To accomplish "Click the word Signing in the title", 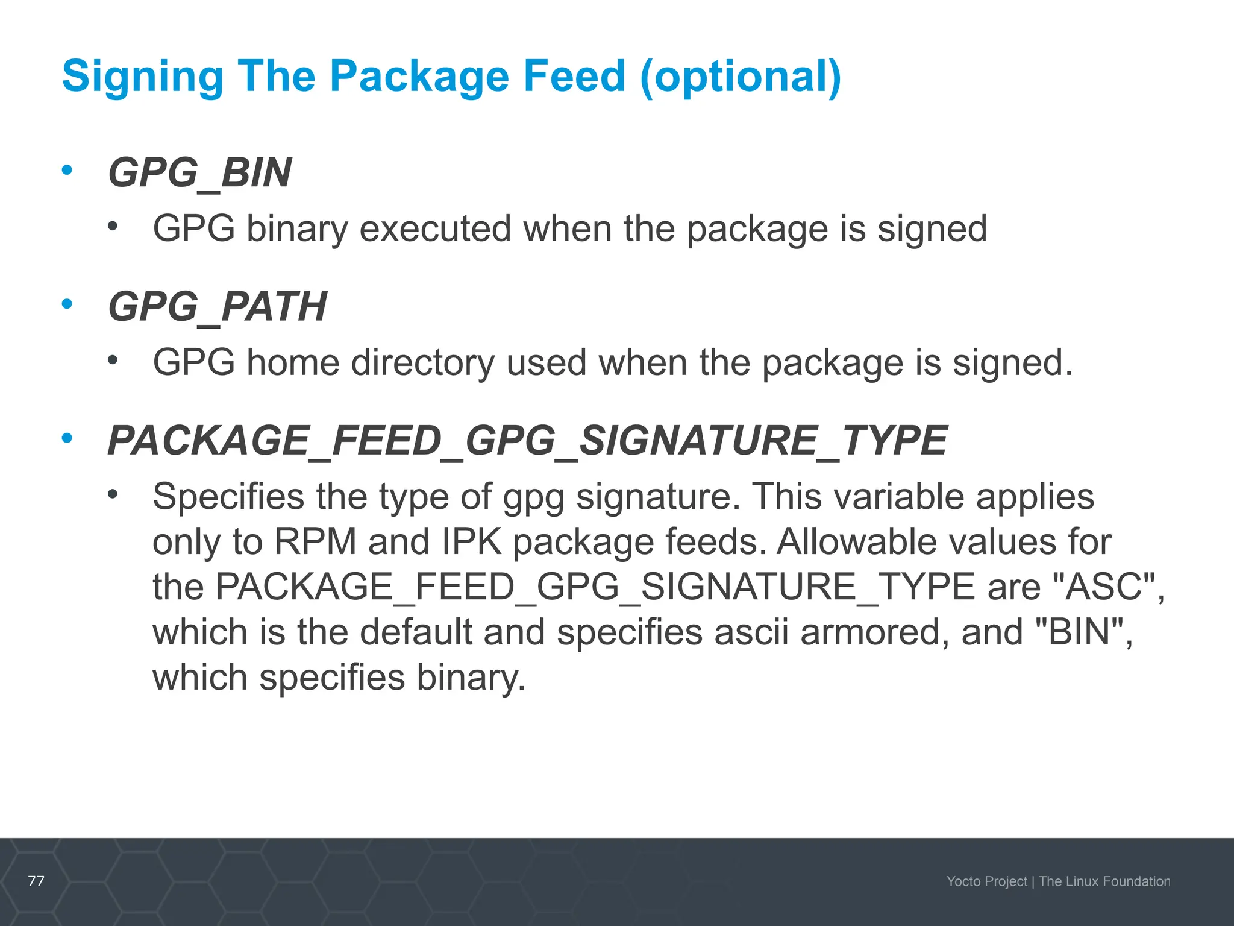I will pos(142,77).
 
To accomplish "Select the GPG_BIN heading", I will pos(199,173).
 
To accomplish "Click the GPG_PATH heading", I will pos(217,307).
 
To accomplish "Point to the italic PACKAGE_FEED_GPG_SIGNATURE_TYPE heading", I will pos(527,441).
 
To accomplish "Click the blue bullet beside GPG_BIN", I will pos(67,170).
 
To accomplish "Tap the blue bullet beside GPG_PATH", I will pos(67,304).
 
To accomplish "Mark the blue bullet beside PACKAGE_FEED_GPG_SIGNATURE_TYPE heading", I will pos(67,438).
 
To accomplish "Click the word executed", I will pos(435,229).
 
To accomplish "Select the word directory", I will pos(422,363).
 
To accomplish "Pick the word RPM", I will pos(315,541).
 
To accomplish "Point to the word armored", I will pos(870,632).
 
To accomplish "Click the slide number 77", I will pos(36,881).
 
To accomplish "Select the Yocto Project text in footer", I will pos(986,881).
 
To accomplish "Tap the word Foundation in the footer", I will pos(1136,881).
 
